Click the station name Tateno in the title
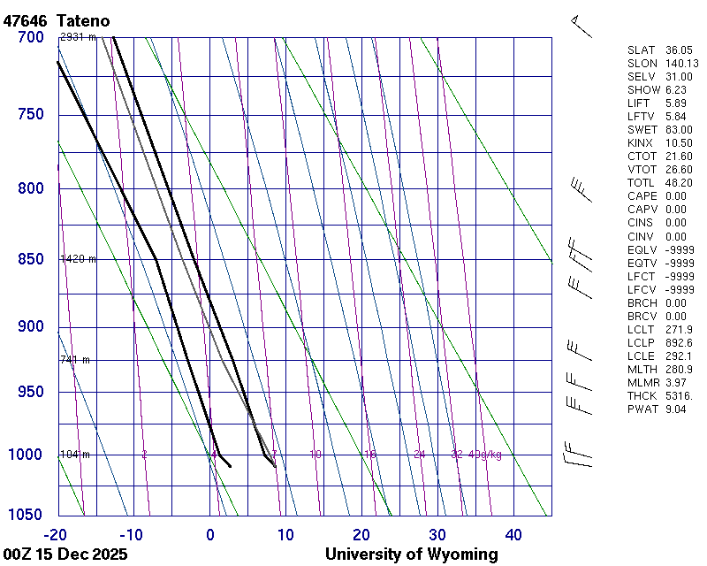pos(86,19)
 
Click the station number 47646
pos(26,19)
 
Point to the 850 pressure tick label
pos(30,259)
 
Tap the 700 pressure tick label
pos(30,37)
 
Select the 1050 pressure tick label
pos(27,516)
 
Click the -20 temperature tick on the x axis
pos(56,534)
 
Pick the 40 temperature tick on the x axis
pos(513,534)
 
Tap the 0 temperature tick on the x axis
pos(210,534)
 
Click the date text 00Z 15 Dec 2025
pos(65,555)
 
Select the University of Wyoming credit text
pos(411,555)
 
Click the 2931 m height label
pos(78,37)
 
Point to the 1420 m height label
pos(78,259)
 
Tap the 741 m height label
pos(75,360)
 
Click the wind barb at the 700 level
pos(580,26)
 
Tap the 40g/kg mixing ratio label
pos(486,455)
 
